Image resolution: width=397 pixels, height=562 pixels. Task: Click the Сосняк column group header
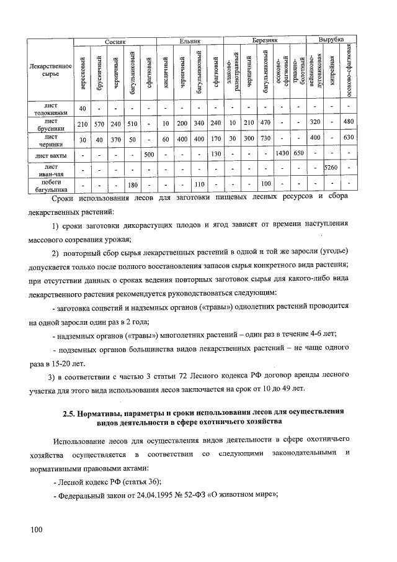[115, 40]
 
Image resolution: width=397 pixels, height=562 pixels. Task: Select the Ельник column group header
[189, 40]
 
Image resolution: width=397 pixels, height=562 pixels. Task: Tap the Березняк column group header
[265, 40]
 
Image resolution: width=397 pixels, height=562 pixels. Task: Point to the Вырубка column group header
[331, 40]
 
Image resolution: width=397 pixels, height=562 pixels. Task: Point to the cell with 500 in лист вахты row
[149, 153]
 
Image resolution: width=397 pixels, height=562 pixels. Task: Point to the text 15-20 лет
[66, 364]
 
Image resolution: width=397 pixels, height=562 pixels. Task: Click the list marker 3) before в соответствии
[53, 376]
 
